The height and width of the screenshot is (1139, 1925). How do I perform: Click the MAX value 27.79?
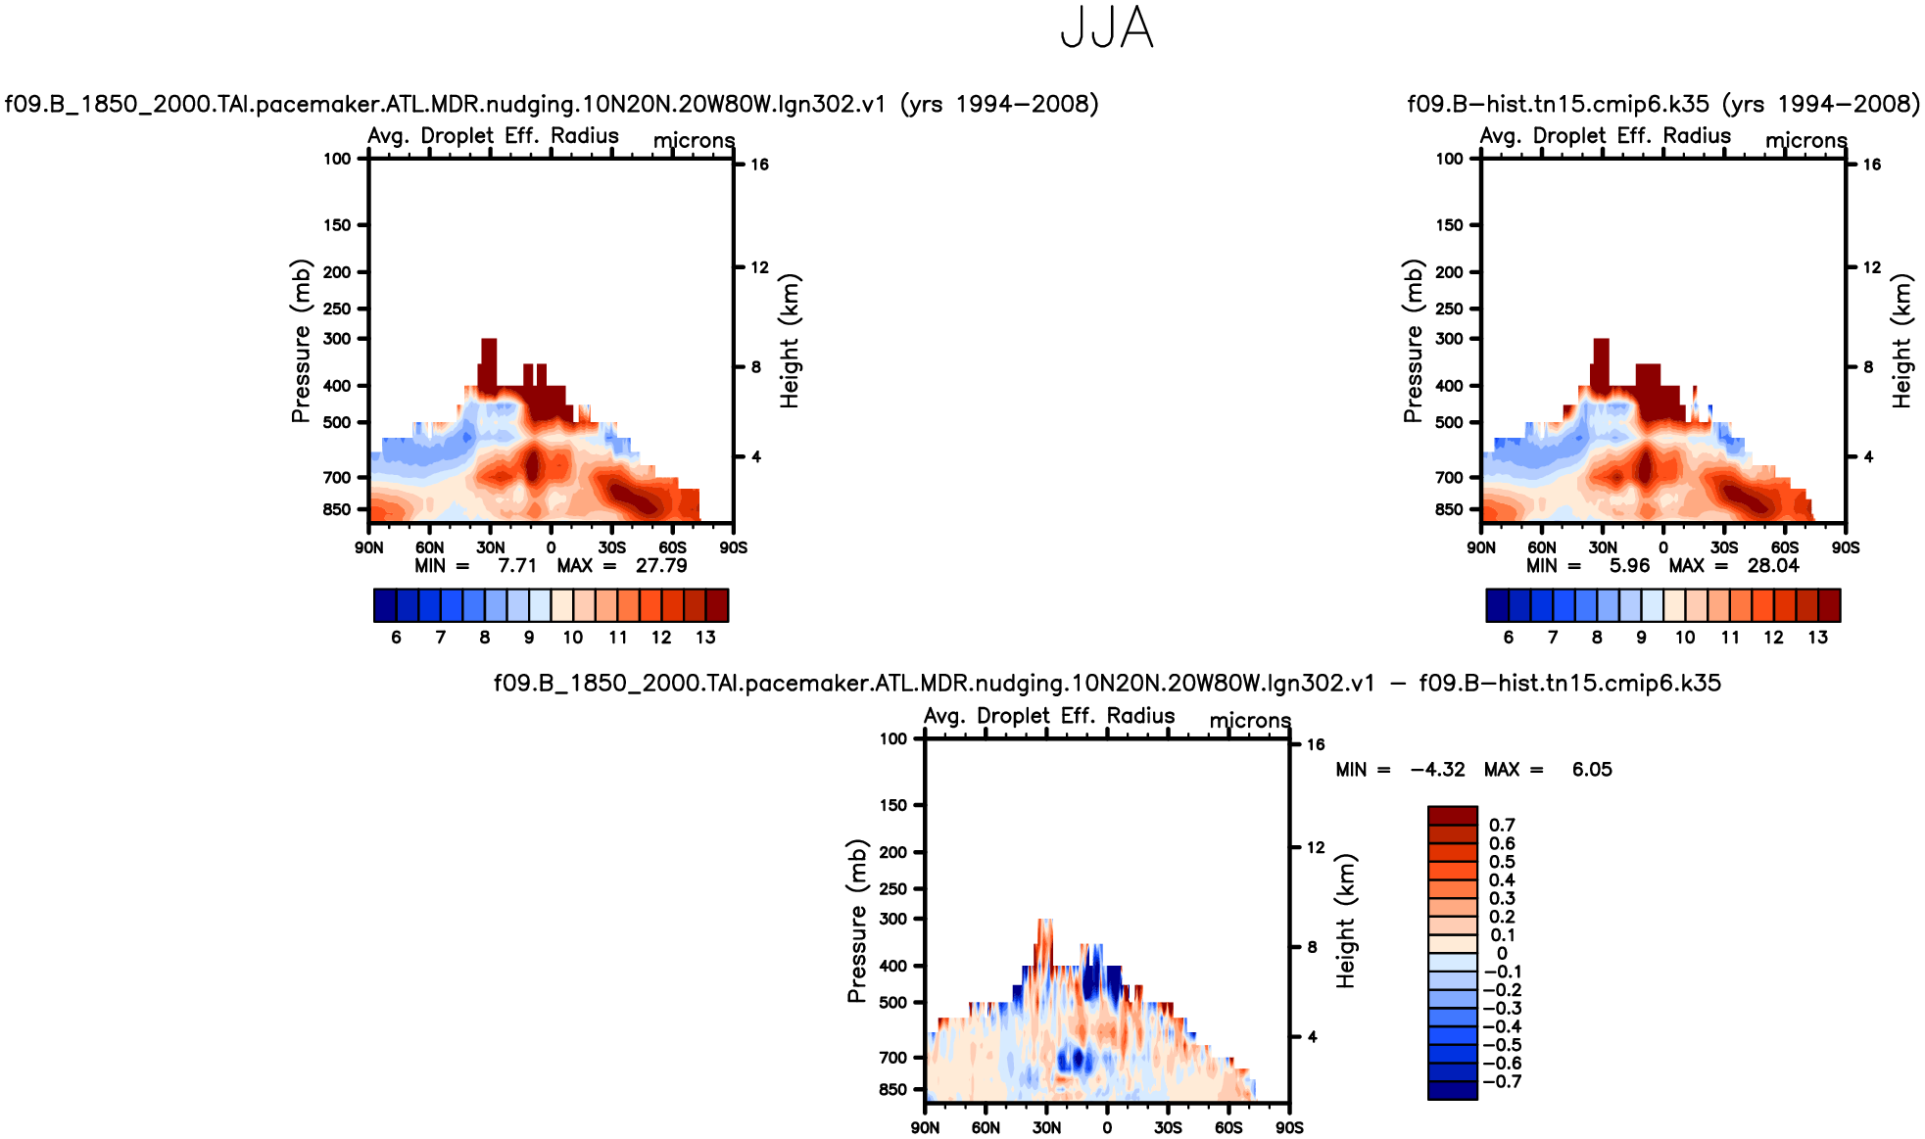(x=661, y=566)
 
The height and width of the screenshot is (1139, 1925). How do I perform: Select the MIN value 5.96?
(x=1629, y=566)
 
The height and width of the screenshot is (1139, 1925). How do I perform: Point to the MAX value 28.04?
(x=1773, y=566)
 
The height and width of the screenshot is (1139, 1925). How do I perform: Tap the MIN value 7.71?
(x=517, y=566)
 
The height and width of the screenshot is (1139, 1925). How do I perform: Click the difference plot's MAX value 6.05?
(x=1592, y=770)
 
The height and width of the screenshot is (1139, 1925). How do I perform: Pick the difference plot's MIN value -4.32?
(x=1438, y=770)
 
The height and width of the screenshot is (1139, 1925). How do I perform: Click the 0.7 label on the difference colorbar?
(x=1502, y=826)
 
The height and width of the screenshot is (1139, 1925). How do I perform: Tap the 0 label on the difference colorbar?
(x=1502, y=954)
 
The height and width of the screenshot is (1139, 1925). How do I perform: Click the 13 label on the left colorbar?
(x=705, y=638)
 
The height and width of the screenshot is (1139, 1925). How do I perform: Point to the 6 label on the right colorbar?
(x=1509, y=638)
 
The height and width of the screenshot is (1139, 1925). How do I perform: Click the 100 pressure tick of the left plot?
(x=337, y=159)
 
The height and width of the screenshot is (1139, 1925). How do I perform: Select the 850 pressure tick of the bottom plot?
(x=893, y=1090)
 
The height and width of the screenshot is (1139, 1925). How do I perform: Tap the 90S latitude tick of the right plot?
(x=1846, y=547)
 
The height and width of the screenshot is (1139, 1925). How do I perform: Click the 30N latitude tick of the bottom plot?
(x=1046, y=1128)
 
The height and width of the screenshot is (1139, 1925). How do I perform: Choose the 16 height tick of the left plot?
(x=760, y=165)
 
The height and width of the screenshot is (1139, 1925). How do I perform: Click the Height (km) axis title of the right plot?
(x=1901, y=341)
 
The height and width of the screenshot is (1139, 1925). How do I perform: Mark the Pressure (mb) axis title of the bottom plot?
(x=857, y=921)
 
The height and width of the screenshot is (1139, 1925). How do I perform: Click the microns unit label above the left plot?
(x=694, y=141)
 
